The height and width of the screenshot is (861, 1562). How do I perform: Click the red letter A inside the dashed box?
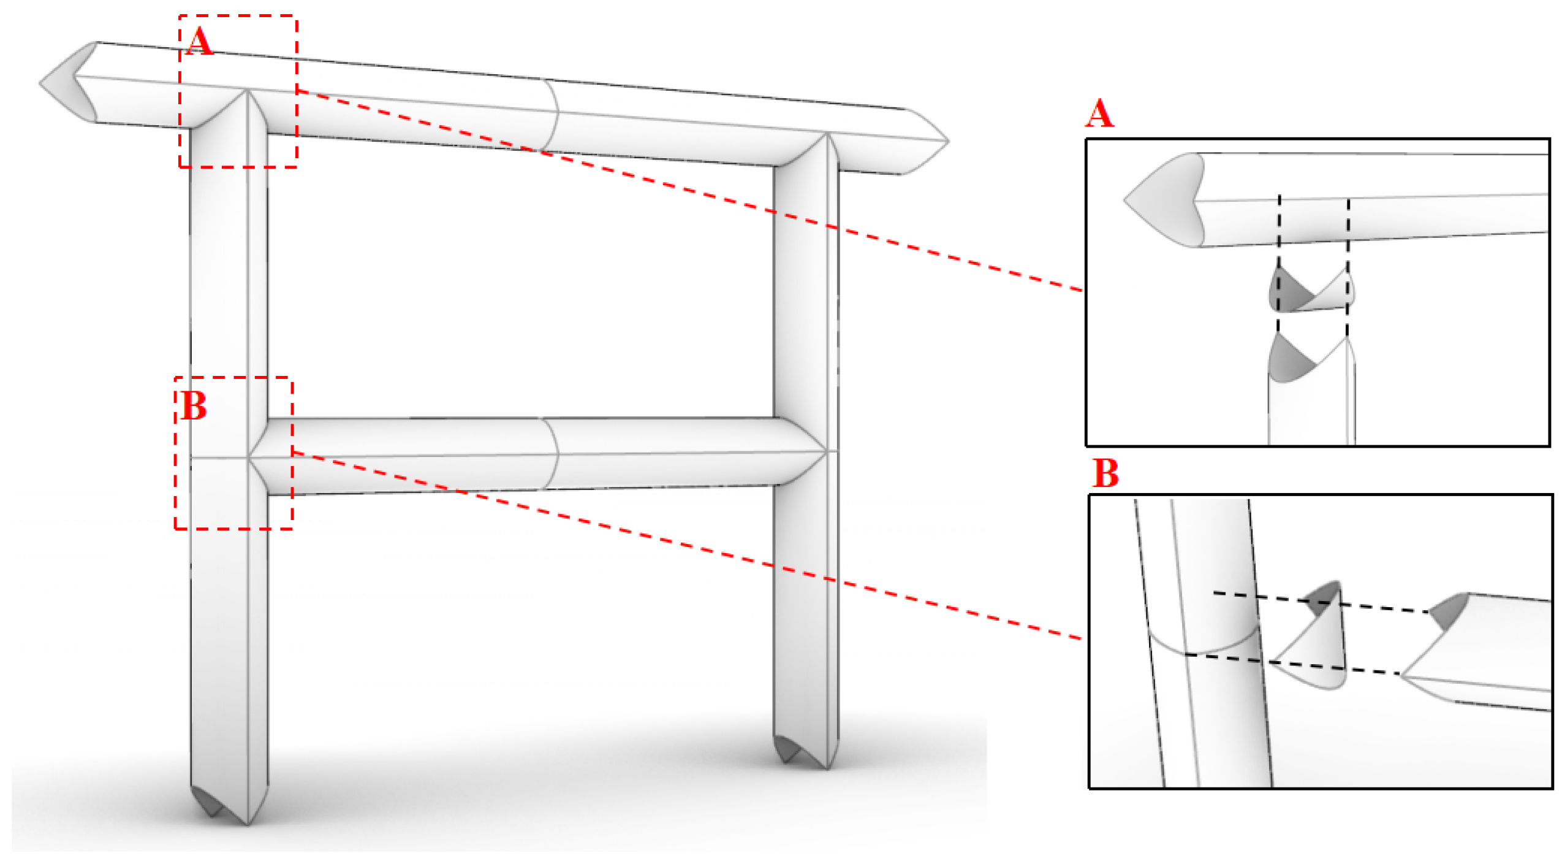click(199, 42)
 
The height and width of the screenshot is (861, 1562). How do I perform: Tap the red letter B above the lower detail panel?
click(1105, 473)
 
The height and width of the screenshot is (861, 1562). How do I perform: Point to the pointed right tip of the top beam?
click(947, 141)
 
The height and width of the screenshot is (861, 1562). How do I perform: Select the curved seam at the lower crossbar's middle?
click(552, 454)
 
